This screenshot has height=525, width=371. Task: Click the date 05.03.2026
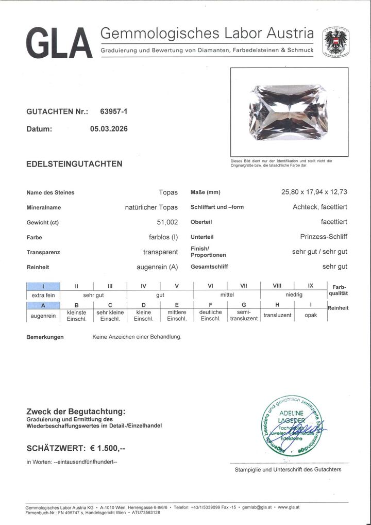[109, 129]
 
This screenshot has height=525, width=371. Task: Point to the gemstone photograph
[289, 112]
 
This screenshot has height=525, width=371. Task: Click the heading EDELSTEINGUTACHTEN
[74, 164]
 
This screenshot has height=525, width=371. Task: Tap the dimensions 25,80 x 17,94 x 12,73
[314, 192]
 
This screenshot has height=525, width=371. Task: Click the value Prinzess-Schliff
[323, 237]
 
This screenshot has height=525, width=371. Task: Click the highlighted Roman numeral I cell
[43, 286]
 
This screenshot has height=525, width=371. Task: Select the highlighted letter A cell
[43, 305]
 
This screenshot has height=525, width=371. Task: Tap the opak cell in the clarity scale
[311, 315]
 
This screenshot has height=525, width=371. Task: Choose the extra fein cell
[43, 295]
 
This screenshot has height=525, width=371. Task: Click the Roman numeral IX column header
[311, 286]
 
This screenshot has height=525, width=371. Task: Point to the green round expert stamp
[291, 426]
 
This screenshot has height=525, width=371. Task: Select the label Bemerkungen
[45, 337]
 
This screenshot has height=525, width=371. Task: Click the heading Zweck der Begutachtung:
[75, 412]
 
